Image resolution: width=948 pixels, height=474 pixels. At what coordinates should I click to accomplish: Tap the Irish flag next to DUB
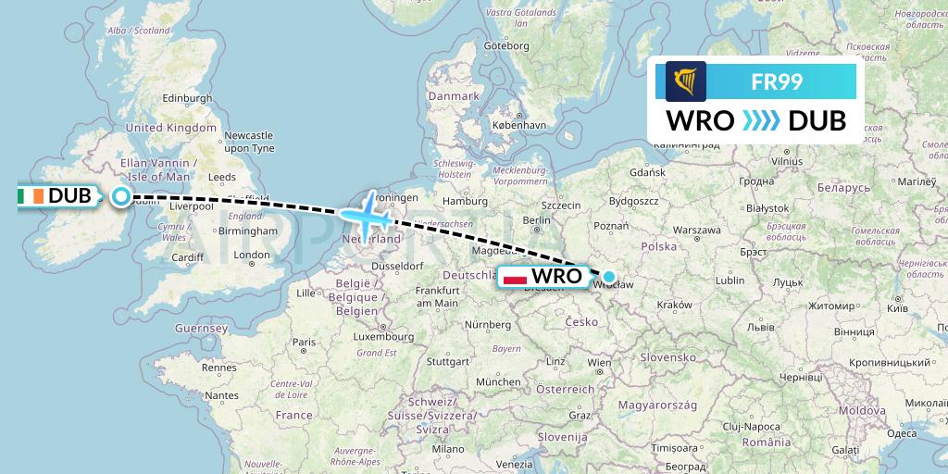pyautogui.click(x=31, y=195)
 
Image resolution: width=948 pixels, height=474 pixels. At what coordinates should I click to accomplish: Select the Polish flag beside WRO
pyautogui.click(x=514, y=276)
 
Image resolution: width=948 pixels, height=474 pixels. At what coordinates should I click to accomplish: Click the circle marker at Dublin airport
pyautogui.click(x=120, y=195)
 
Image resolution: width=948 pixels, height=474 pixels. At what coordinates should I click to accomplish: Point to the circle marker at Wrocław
pyautogui.click(x=609, y=276)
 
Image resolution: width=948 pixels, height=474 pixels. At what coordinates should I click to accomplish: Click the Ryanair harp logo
pyautogui.click(x=685, y=81)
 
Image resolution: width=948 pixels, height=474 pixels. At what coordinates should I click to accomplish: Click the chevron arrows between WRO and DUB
pyautogui.click(x=761, y=121)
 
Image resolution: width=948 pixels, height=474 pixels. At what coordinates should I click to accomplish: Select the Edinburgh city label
pyautogui.click(x=187, y=99)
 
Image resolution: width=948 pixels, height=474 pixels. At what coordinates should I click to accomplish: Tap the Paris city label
pyautogui.click(x=306, y=343)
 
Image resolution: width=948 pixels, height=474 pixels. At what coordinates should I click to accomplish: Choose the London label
pyautogui.click(x=253, y=256)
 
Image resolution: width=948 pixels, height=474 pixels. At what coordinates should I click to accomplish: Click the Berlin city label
pyautogui.click(x=537, y=220)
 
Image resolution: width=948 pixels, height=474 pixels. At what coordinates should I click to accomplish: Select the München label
pyautogui.click(x=498, y=381)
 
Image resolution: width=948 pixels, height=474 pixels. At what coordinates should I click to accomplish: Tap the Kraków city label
pyautogui.click(x=673, y=305)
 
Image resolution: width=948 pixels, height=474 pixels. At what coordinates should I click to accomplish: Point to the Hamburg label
pyautogui.click(x=465, y=201)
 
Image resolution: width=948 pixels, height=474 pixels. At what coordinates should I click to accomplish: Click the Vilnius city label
pyautogui.click(x=786, y=160)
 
